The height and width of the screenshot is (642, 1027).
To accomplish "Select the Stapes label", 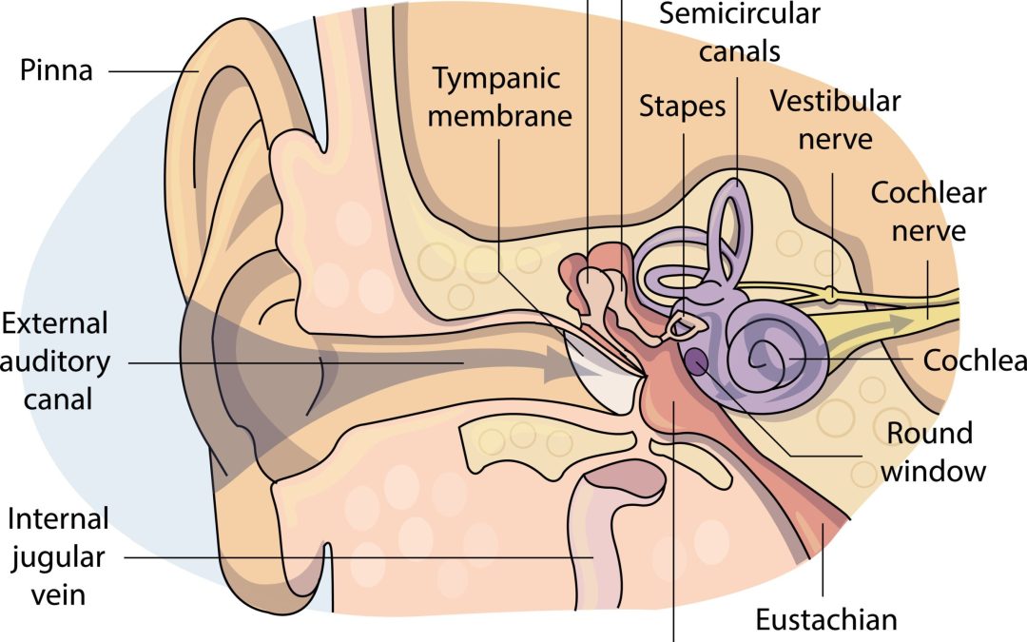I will (x=682, y=106).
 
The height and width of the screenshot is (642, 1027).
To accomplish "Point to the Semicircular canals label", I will (x=739, y=32).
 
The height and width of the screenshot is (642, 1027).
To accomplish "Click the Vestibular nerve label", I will (x=835, y=119).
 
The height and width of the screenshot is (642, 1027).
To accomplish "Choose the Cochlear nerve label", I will (x=928, y=211).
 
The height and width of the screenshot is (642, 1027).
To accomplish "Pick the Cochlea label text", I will (x=975, y=361).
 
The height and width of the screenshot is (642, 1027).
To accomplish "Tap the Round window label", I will (x=929, y=452).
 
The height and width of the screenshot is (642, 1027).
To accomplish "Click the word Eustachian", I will (x=825, y=620).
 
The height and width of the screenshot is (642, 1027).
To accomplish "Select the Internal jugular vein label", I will (x=59, y=557).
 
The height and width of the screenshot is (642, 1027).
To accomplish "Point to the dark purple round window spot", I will (x=697, y=360).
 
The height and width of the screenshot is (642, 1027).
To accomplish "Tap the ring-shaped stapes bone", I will (x=686, y=327).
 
